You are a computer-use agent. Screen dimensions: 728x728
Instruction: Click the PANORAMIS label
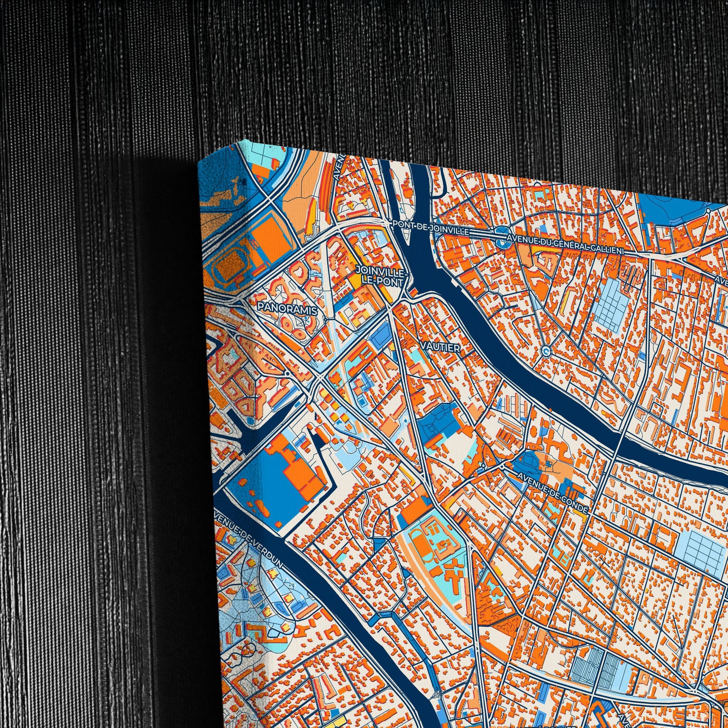pyautogui.click(x=288, y=308)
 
